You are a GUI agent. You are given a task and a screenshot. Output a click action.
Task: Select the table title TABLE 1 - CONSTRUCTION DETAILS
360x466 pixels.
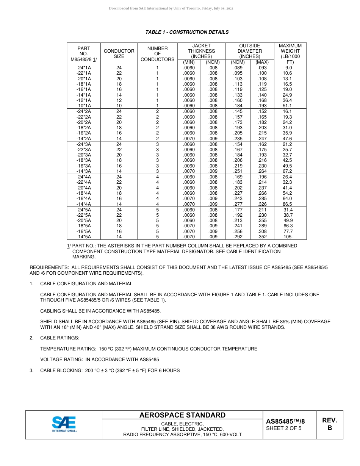click(x=187, y=32)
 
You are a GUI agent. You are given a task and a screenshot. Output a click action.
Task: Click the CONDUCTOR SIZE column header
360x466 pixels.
click(x=119, y=54)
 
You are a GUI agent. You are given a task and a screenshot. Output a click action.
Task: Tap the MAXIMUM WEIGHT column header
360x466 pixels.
click(x=290, y=54)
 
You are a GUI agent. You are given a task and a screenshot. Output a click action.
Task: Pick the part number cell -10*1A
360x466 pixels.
click(x=84, y=106)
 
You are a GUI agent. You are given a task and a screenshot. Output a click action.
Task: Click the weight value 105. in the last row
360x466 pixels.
click(x=288, y=237)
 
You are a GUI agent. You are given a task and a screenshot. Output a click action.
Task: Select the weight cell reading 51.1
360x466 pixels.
click(x=288, y=106)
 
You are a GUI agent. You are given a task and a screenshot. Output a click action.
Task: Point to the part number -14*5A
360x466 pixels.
click(x=84, y=237)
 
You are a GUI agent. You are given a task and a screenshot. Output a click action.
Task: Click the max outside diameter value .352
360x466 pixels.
click(x=261, y=237)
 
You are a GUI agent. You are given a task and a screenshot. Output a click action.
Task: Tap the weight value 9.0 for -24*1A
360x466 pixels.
click(x=288, y=68)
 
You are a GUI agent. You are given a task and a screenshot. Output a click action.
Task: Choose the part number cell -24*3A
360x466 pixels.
click(x=84, y=144)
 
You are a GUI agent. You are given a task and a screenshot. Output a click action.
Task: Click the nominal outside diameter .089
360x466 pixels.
click(x=238, y=68)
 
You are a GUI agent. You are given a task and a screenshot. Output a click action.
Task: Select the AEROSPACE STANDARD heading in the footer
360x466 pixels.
click(x=182, y=415)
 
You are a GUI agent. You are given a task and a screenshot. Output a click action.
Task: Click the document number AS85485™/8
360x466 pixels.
click(x=285, y=421)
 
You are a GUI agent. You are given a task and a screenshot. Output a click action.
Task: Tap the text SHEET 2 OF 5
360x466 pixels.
click(x=284, y=428)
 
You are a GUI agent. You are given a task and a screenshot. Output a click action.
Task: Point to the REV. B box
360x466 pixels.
click(x=329, y=424)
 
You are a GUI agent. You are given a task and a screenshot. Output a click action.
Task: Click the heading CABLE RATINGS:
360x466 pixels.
click(x=59, y=338)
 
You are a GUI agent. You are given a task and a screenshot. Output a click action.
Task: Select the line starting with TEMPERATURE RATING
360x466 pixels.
click(x=149, y=349)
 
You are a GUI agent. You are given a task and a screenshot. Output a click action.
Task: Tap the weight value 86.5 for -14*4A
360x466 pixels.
click(x=288, y=204)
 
